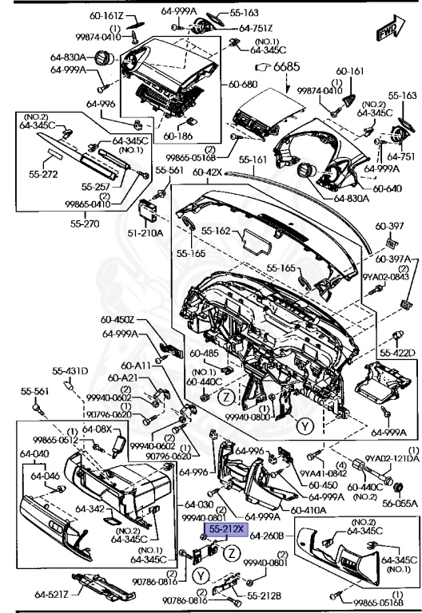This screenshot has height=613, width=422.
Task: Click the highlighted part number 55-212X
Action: click(x=229, y=528)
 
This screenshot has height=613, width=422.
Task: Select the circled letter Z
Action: click(x=227, y=396)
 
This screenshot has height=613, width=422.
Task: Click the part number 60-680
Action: click(x=244, y=84)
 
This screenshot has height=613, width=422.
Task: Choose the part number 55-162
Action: click(x=217, y=231)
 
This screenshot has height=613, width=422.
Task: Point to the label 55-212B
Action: click(x=263, y=595)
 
